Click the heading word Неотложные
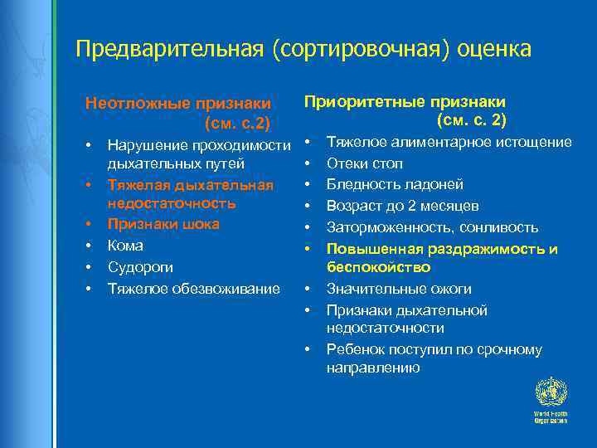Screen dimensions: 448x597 tap(137, 104)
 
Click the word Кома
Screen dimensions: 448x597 tap(125, 246)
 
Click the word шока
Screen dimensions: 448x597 tap(201, 224)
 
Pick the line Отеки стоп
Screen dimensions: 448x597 tap(365, 163)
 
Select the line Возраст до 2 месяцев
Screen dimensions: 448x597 tap(391, 206)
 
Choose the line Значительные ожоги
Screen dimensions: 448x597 tap(399, 289)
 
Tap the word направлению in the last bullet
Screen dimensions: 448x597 tap(373, 368)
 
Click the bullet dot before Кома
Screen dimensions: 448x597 tap(88, 246)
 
